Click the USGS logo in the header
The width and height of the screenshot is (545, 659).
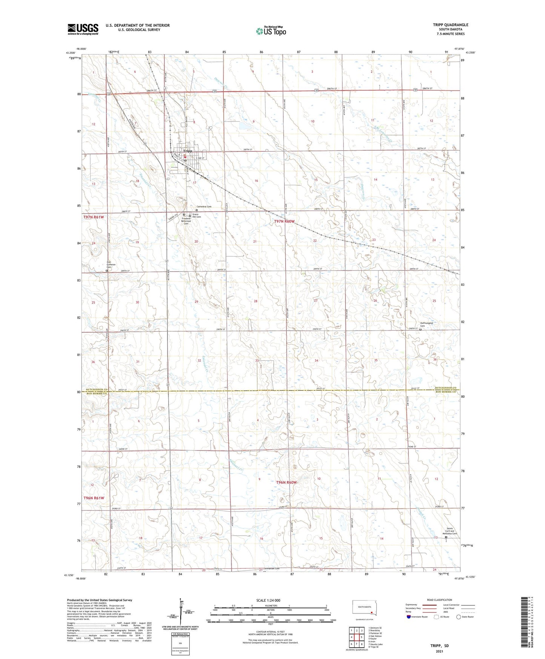coord(83,29)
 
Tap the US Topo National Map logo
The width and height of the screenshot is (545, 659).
coord(271,31)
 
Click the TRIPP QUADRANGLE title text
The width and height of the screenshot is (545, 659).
coord(450,25)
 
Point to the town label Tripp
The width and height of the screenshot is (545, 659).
coord(187,151)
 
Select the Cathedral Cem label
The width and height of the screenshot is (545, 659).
coord(204,207)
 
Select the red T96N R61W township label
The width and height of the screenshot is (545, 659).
coord(94,498)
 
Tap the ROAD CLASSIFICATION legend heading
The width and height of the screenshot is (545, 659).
coord(439,600)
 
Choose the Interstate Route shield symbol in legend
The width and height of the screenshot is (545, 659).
coord(409,617)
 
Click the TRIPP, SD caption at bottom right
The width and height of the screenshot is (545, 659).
coord(439,645)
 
